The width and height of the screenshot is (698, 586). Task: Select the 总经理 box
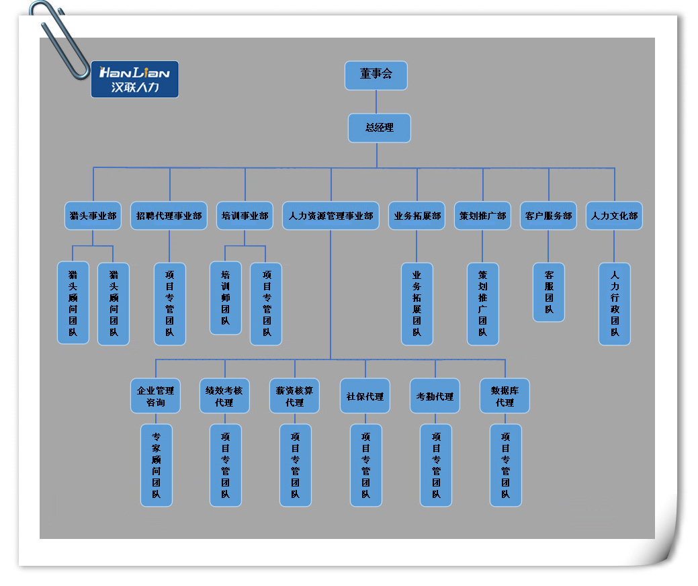tap(379, 128)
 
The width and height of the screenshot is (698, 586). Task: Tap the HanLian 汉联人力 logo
tap(134, 79)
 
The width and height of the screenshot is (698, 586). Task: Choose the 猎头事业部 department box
tap(93, 216)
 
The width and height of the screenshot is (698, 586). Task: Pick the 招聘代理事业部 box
tap(169, 216)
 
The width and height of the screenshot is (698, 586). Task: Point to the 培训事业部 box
tap(245, 216)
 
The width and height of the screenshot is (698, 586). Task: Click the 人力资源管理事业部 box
tap(331, 216)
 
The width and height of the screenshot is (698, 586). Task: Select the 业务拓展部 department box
tap(417, 216)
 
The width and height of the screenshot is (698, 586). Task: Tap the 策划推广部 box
tap(482, 216)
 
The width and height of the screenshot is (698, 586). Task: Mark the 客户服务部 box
tap(548, 216)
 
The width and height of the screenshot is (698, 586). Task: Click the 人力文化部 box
tap(614, 216)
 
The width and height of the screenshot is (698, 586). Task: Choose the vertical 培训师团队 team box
tap(226, 298)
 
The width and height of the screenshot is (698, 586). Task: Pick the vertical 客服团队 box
tap(549, 292)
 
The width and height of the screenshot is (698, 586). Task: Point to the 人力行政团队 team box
tap(615, 304)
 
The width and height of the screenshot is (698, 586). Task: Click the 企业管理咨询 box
tap(155, 396)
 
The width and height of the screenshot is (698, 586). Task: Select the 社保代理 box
tap(365, 396)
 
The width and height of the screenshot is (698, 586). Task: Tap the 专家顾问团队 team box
tap(156, 465)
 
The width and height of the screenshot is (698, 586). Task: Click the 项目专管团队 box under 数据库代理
tap(505, 465)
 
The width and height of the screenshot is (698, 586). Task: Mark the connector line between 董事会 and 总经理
tap(376, 101)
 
